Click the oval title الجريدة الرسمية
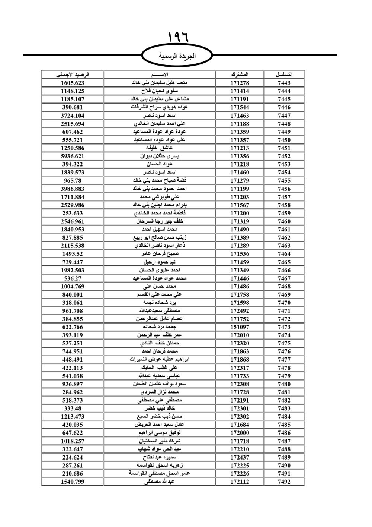pyautogui.click(x=177, y=56)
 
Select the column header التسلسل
pyautogui.click(x=284, y=75)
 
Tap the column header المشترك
pyautogui.click(x=240, y=75)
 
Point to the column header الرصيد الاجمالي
pyautogui.click(x=73, y=75)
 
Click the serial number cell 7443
pyautogui.click(x=284, y=83)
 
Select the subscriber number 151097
pyautogui.click(x=240, y=327)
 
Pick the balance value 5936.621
pyautogui.click(x=73, y=156)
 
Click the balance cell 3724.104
pyautogui.click(x=73, y=116)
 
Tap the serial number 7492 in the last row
pyautogui.click(x=284, y=482)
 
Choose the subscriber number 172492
pyautogui.click(x=240, y=311)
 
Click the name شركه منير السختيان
pyautogui.click(x=160, y=441)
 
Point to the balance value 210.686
pyautogui.click(x=73, y=473)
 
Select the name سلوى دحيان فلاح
pyautogui.click(x=160, y=91)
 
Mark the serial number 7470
pyautogui.click(x=284, y=303)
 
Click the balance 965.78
pyautogui.click(x=73, y=180)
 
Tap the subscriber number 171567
pyautogui.click(x=240, y=205)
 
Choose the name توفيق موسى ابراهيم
pyautogui.click(x=160, y=433)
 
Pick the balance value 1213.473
pyautogui.click(x=73, y=416)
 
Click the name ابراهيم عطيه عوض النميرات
pyautogui.click(x=160, y=359)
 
